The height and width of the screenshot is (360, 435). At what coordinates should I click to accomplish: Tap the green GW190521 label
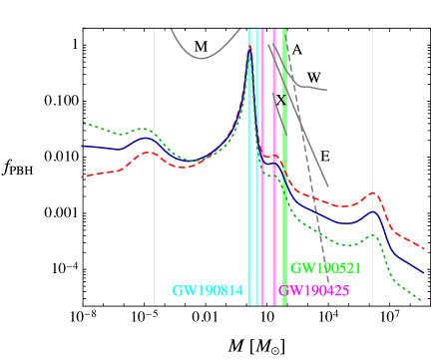coord(325,268)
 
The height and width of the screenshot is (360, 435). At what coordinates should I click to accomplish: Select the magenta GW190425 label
coord(313,291)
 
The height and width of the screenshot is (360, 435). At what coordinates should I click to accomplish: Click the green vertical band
coord(285,165)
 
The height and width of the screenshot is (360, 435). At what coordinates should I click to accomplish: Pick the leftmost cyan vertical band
coord(249,165)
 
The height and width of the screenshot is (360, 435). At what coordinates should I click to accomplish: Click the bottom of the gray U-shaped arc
coord(202,58)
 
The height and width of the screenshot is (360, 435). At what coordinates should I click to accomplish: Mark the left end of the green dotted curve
coord(82,123)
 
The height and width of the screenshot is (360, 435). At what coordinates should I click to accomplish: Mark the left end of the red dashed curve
coord(82,177)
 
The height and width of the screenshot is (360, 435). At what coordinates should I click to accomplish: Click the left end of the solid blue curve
coord(82,146)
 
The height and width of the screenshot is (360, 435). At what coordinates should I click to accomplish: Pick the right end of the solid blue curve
coord(424,271)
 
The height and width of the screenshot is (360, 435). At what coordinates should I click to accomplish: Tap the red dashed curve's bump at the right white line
coord(373,192)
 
